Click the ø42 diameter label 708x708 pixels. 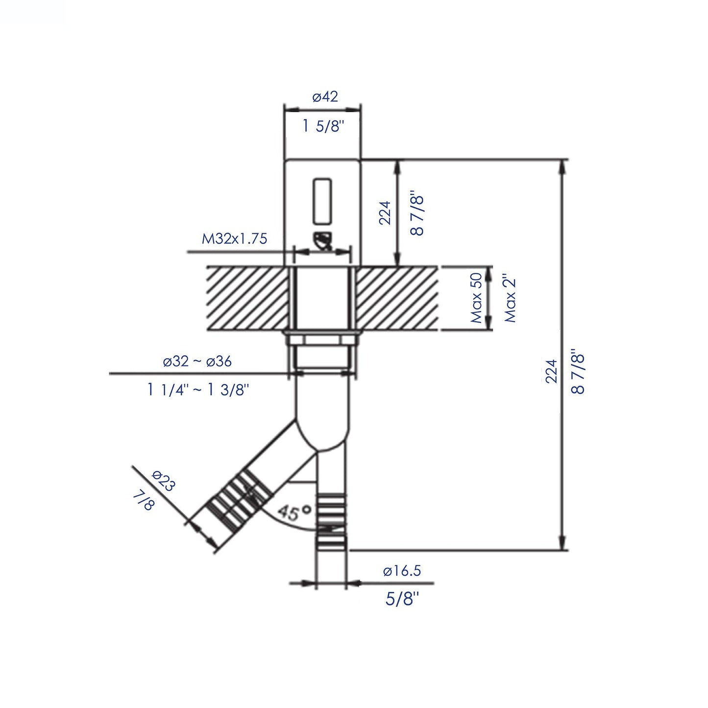325,97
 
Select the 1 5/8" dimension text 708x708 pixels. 323,126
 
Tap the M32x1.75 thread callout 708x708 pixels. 235,239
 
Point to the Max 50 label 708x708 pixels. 476,298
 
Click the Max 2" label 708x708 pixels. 511,298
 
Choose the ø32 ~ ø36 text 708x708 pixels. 197,362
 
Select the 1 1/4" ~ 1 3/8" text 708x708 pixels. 198,390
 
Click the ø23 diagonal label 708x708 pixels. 163,481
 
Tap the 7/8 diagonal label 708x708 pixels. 143,501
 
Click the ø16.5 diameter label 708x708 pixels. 402,571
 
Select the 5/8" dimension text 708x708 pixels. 402,598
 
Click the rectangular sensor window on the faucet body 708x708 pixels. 322,200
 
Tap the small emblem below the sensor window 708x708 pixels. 323,242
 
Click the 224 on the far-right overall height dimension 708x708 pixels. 552,371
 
